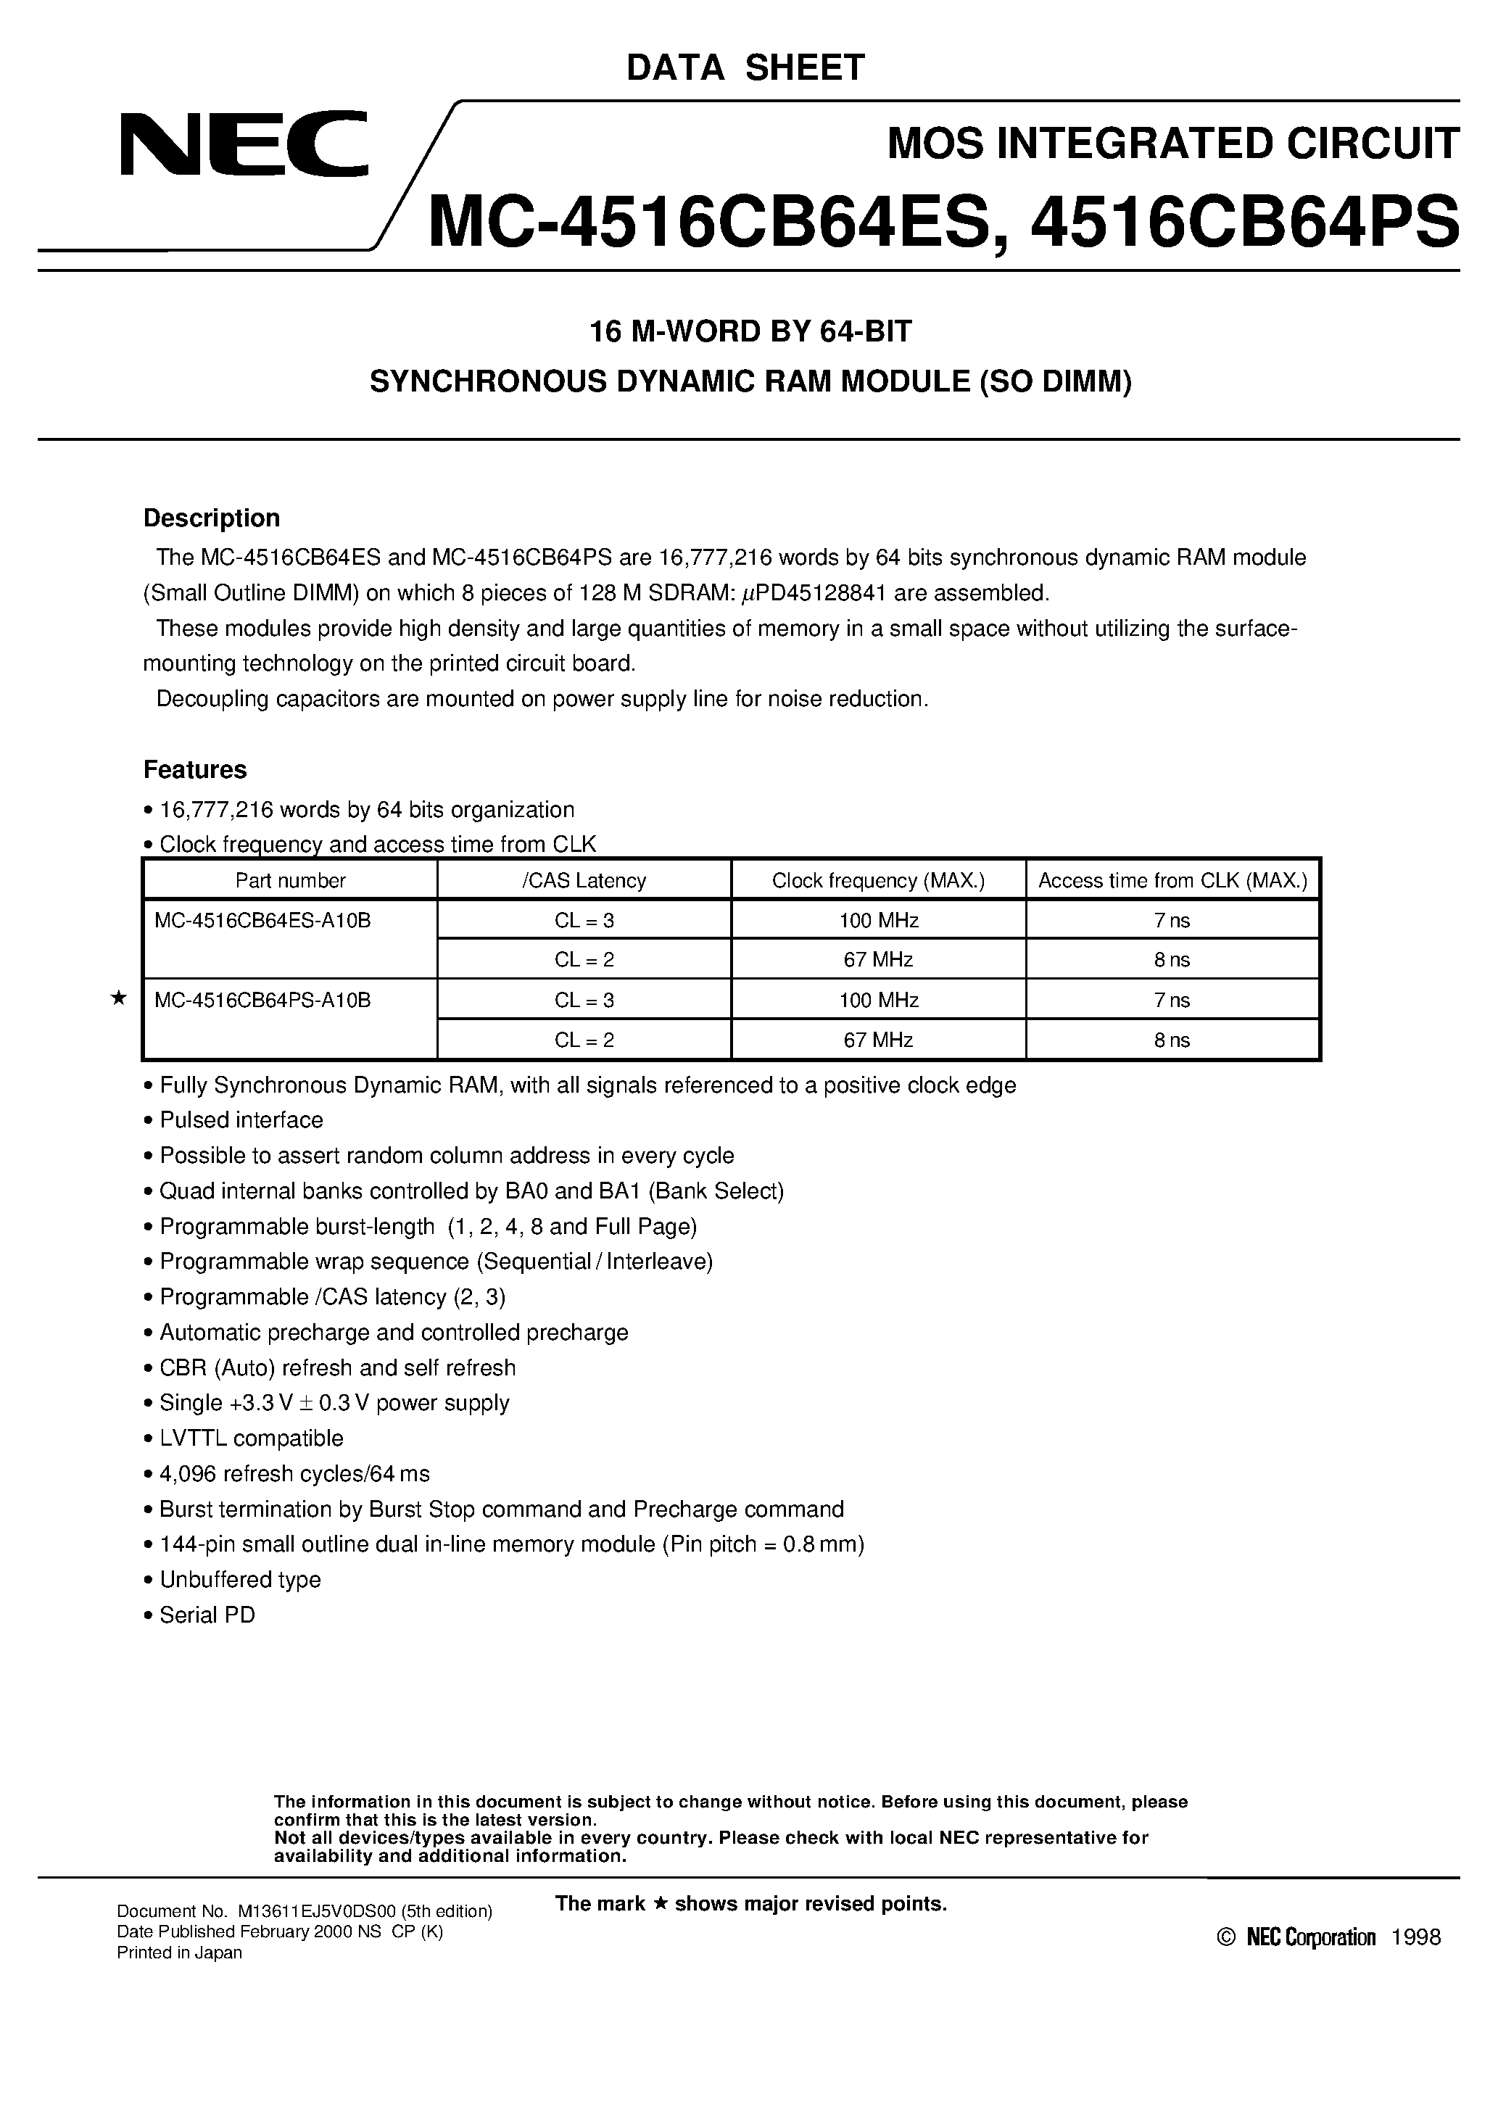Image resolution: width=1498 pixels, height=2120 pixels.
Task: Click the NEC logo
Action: point(244,144)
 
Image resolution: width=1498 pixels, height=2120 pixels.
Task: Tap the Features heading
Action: point(195,769)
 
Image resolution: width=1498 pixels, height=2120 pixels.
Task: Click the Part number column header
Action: point(290,881)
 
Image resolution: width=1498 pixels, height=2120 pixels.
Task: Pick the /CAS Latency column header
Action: point(584,881)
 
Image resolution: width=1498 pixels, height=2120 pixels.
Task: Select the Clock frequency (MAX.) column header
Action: point(878,881)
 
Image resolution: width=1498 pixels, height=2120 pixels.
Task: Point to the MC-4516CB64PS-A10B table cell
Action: point(263,1000)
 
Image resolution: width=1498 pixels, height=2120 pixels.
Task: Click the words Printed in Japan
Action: point(179,1953)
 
